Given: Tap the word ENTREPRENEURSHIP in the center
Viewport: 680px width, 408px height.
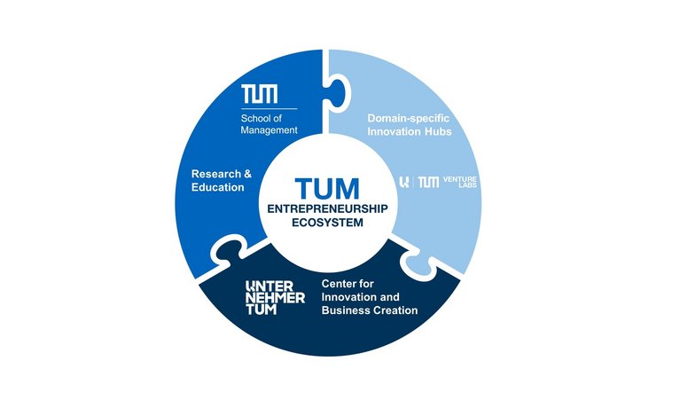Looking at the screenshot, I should (x=328, y=208).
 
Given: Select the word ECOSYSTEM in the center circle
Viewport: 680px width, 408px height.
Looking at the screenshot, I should (x=328, y=224).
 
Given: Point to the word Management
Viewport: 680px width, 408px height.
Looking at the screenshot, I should (x=270, y=130).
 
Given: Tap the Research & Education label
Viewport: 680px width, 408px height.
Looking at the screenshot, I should (x=222, y=180).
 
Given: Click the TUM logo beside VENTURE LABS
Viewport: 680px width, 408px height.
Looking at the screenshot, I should (x=428, y=182).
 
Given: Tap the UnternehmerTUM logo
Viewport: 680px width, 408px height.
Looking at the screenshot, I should (x=275, y=298).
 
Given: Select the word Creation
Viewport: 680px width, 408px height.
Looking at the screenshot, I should (x=395, y=310).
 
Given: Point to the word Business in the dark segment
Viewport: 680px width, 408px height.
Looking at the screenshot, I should (x=347, y=310).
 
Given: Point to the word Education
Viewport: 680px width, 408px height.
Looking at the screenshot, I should (x=218, y=187).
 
